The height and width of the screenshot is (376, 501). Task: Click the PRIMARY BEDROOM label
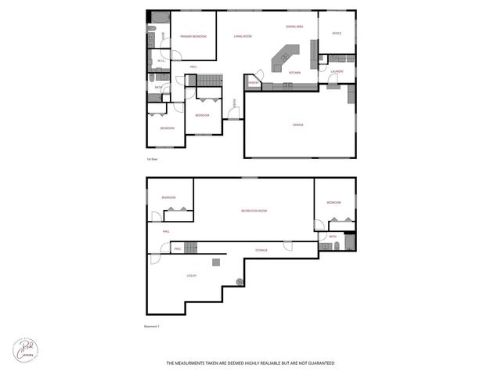[192, 37]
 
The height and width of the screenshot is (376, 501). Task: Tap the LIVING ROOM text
[243, 36]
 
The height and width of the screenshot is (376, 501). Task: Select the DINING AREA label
[294, 27]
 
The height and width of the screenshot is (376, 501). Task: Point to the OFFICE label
[337, 33]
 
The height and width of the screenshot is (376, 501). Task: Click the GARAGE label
[298, 125]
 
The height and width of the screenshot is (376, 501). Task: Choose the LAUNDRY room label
[337, 71]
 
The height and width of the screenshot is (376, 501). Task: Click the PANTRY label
[254, 82]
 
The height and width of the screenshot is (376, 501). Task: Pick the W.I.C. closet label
[160, 60]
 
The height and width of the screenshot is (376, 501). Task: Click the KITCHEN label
[294, 73]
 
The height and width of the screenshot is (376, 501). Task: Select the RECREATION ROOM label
[254, 211]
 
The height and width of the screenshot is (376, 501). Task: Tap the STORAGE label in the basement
[261, 250]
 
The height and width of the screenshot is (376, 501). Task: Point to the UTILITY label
[191, 276]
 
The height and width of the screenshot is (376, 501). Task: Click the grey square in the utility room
[216, 262]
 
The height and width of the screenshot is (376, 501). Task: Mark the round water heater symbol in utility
[240, 281]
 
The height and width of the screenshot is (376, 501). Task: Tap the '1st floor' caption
[153, 159]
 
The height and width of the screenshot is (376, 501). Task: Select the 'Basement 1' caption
[152, 325]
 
